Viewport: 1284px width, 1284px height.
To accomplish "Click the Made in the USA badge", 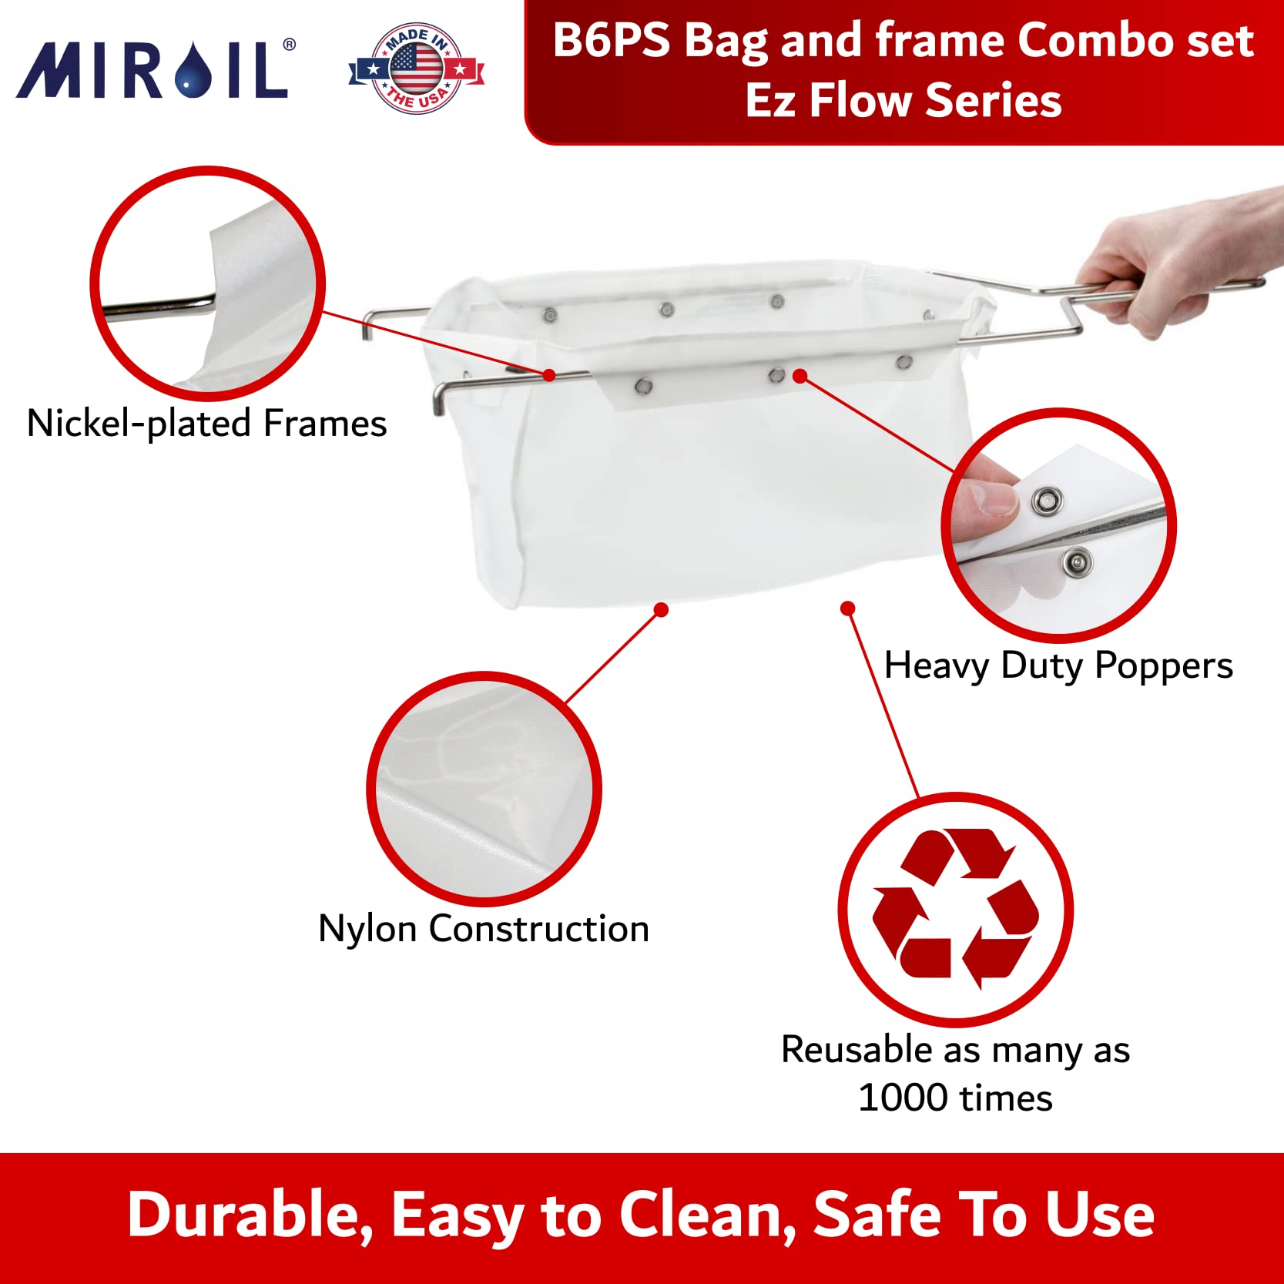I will coord(416,69).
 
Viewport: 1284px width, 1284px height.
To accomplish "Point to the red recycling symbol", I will coord(955,909).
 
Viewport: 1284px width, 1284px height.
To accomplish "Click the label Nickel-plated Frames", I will coord(206,424).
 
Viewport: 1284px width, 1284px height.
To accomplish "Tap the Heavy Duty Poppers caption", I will coord(1058,665).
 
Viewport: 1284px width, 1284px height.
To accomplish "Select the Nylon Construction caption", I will coord(484,929).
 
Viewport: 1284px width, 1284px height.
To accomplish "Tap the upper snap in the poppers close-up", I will coord(1046,501).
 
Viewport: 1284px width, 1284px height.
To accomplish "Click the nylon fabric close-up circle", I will coord(484,790).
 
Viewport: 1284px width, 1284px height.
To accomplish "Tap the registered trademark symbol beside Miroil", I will coord(289,45).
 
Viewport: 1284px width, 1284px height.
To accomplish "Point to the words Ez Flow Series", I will coord(903,101).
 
